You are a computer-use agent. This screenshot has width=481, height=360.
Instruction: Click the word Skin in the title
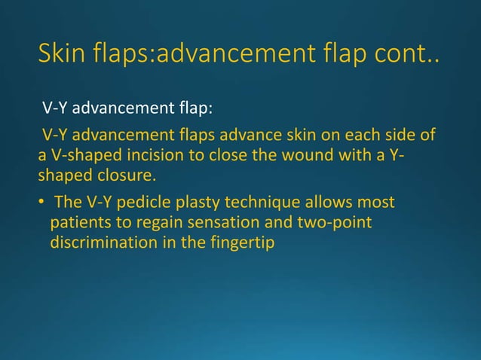pos(64,53)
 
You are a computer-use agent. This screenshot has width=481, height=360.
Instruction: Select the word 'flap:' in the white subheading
pos(194,107)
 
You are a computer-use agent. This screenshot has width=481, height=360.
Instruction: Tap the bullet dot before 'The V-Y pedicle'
pos(44,203)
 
